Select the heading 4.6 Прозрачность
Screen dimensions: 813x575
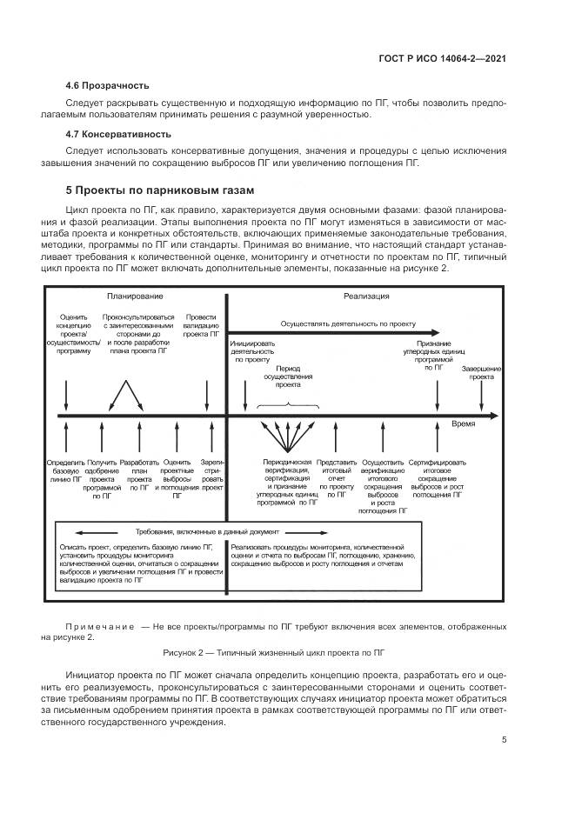tap(107, 85)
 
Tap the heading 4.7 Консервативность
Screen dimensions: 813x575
tap(118, 134)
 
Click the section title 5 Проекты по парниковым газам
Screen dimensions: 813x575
tap(160, 190)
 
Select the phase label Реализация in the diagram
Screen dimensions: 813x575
tap(365, 297)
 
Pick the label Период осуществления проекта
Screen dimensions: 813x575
tap(282, 376)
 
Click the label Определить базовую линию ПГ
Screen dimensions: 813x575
tap(65, 470)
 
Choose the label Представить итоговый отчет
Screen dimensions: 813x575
tap(336, 474)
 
